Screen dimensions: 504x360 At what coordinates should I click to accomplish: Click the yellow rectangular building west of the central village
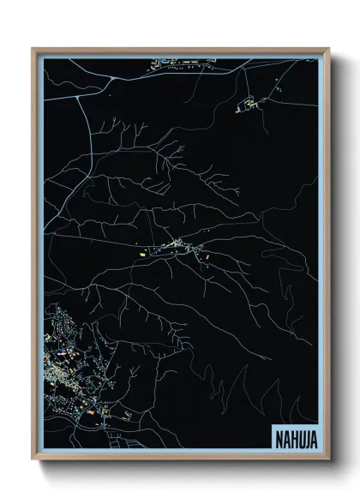[143, 253]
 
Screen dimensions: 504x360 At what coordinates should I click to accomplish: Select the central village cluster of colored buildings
[180, 248]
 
